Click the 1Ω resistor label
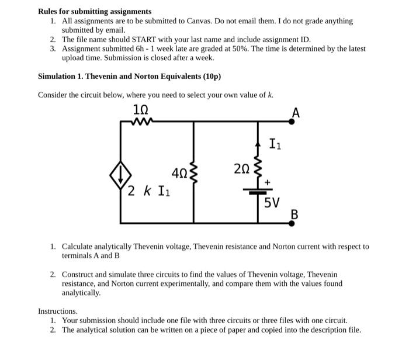(141, 110)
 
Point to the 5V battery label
(271, 203)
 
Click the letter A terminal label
(296, 113)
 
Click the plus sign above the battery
(268, 182)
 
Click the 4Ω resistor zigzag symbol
(194, 172)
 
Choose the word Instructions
(57, 311)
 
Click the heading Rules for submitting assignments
(95, 11)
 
